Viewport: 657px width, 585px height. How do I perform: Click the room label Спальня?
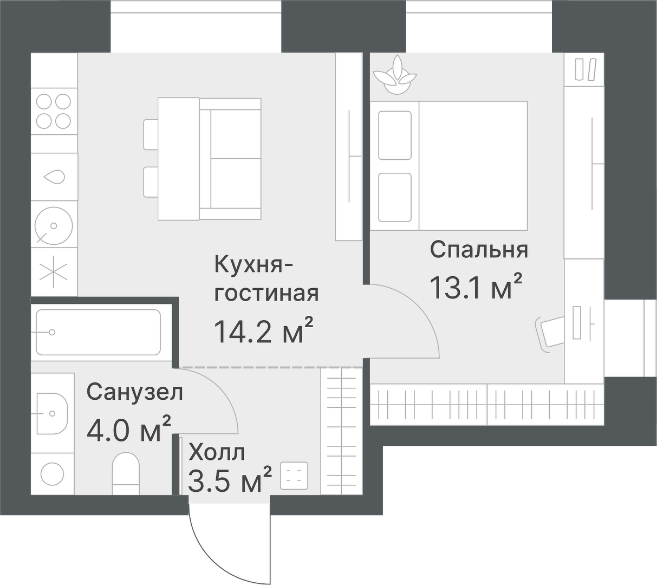click(x=479, y=250)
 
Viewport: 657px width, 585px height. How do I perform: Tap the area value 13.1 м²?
click(x=476, y=287)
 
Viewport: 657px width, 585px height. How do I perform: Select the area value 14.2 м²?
click(x=264, y=331)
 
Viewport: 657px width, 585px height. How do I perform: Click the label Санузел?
click(x=134, y=392)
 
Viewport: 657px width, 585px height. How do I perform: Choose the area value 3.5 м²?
click(x=230, y=480)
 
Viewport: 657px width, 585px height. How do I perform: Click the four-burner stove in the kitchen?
click(x=53, y=110)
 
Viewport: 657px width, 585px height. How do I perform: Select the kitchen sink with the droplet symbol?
click(x=54, y=177)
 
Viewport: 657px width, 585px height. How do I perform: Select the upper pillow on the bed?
click(x=394, y=135)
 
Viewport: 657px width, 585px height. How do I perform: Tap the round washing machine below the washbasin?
click(x=53, y=474)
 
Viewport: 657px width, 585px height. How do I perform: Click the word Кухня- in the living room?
click(x=254, y=265)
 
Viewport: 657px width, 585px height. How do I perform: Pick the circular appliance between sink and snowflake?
click(x=54, y=225)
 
